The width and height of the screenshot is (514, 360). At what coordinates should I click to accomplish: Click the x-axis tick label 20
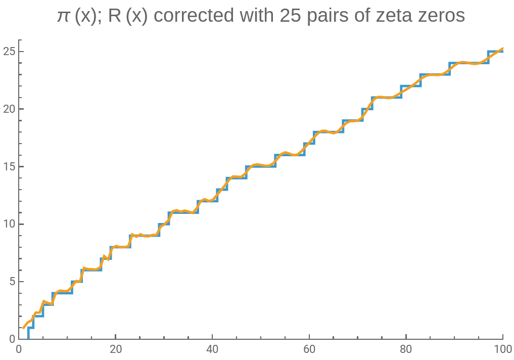(x=115, y=349)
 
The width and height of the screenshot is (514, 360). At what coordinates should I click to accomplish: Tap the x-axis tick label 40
(x=212, y=349)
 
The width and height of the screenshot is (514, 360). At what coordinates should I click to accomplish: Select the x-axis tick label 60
(x=309, y=349)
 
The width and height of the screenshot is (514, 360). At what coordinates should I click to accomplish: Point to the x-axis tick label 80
(x=406, y=349)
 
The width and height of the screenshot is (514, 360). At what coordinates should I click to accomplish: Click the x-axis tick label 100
(x=502, y=349)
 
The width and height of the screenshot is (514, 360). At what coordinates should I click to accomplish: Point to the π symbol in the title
(x=64, y=16)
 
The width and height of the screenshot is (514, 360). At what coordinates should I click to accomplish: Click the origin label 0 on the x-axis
(x=19, y=349)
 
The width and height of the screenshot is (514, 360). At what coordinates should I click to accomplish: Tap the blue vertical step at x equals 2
(x=28, y=333)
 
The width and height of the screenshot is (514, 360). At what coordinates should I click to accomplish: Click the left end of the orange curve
(x=24, y=328)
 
